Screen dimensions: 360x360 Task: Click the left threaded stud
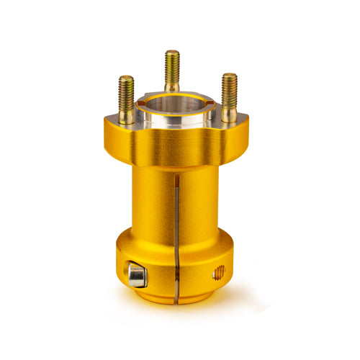(x=127, y=99)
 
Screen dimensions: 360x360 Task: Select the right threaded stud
(x=230, y=96)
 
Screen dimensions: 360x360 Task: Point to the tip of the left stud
(x=126, y=77)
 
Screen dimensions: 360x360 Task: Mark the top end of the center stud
(x=172, y=52)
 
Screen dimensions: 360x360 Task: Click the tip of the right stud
(x=229, y=75)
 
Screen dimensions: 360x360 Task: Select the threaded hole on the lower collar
(x=220, y=271)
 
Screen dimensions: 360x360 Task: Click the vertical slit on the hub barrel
(x=176, y=216)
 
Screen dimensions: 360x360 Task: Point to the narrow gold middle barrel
(x=155, y=202)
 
